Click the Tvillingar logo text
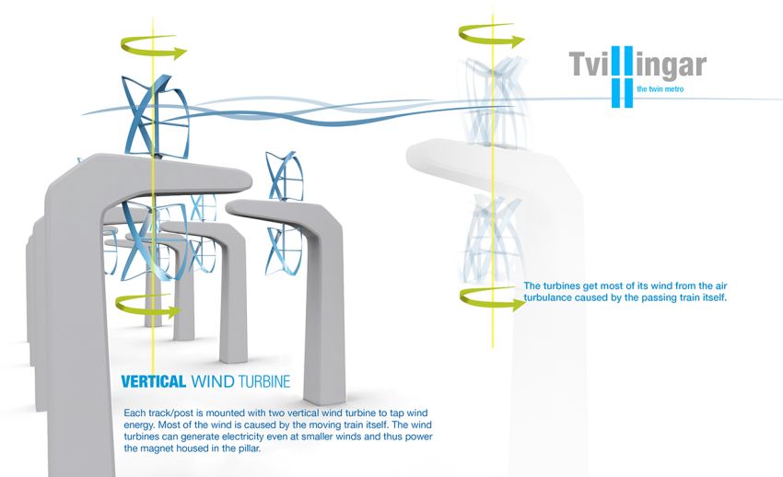click(637, 65)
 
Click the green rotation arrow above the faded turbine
click(491, 37)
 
